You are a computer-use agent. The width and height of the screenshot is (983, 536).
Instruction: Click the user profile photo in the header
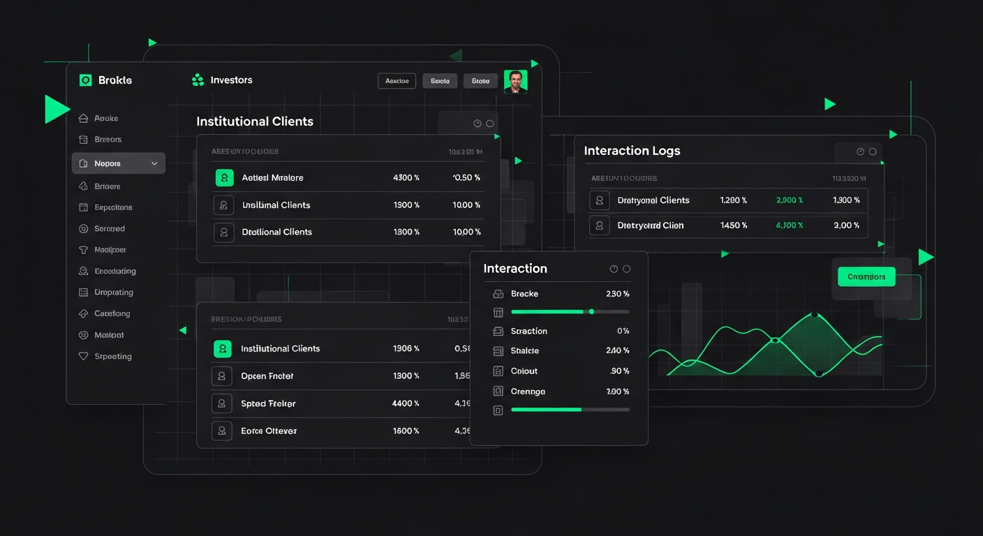pos(515,82)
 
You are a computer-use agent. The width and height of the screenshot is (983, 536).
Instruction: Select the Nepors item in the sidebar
pos(108,163)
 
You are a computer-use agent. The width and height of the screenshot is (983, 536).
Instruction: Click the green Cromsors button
pos(866,276)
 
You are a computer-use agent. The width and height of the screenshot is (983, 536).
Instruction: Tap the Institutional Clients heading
pos(255,121)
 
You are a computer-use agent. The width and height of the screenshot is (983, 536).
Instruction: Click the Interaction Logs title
pos(632,151)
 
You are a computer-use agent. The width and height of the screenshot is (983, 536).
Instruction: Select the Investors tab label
pos(231,80)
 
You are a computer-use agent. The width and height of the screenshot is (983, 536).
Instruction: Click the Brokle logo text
pos(115,80)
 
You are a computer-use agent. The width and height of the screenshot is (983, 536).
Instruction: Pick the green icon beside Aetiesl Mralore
pos(224,178)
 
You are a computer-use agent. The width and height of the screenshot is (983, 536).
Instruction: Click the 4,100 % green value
pos(790,225)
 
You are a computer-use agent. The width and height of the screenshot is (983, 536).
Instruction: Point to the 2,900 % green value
pos(790,200)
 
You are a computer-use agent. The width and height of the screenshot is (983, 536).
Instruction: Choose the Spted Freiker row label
pos(268,403)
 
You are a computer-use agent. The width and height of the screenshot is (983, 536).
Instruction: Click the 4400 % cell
pos(406,403)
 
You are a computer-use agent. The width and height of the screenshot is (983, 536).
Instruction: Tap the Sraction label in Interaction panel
pos(529,332)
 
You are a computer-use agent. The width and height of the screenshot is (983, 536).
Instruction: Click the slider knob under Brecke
pos(591,311)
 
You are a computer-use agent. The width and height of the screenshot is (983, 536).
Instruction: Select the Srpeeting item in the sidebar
pos(113,357)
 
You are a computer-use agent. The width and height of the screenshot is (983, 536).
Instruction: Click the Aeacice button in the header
pos(397,81)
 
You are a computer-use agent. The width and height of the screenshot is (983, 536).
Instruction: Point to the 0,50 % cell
pos(466,178)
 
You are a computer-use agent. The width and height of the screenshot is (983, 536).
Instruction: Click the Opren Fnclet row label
pos(267,376)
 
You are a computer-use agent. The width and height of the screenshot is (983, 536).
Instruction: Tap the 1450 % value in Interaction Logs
pos(734,225)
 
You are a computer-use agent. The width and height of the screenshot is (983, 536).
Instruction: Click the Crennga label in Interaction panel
pos(528,392)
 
